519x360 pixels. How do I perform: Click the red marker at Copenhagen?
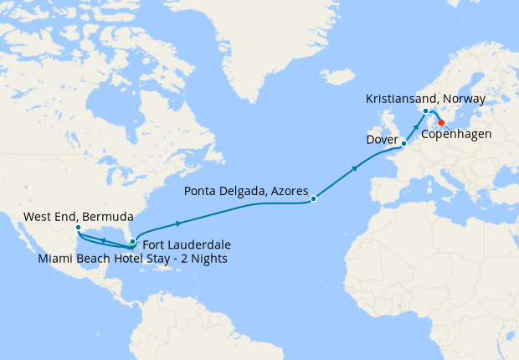click(x=441, y=122)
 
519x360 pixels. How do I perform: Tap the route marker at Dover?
click(x=403, y=144)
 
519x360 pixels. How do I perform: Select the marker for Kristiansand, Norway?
click(x=426, y=111)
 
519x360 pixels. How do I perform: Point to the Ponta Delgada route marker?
click(x=313, y=199)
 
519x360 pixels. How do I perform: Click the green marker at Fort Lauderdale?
click(x=132, y=242)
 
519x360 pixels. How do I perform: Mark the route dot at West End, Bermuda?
click(x=77, y=228)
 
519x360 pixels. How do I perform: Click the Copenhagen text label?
click(x=456, y=133)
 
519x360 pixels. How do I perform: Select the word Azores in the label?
click(x=289, y=189)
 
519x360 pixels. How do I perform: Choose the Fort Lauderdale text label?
click(x=186, y=244)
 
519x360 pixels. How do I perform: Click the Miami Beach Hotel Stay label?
click(x=132, y=258)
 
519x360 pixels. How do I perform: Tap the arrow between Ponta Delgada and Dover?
click(x=356, y=170)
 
